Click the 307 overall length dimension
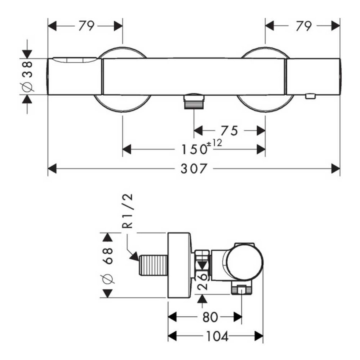(x=194, y=169)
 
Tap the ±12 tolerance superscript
(x=215, y=143)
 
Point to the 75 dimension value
(x=230, y=131)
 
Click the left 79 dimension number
(x=86, y=26)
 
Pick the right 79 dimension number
(x=304, y=26)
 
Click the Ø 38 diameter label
(x=28, y=77)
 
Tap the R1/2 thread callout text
(x=127, y=211)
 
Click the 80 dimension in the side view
(x=210, y=317)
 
